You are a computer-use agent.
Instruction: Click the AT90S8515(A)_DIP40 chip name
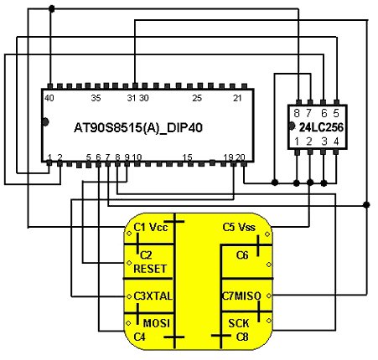point(138,128)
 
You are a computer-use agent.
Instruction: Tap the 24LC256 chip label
point(321,127)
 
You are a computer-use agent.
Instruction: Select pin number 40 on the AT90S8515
point(49,98)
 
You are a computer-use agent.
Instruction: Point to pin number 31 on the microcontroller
point(132,98)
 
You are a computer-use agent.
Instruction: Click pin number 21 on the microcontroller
point(237,98)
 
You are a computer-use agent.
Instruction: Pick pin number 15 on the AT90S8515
point(187,157)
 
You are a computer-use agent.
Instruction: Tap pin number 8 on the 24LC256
point(297,113)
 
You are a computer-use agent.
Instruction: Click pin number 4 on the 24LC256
point(336,141)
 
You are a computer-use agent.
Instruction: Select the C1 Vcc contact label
point(151,227)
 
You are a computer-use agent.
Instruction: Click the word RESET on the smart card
point(150,269)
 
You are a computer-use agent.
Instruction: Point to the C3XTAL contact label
point(153,296)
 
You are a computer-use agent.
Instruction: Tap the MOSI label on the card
point(157,323)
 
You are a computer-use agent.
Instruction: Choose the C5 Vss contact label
point(239,227)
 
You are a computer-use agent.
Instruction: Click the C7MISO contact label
point(241,296)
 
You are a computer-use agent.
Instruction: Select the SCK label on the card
point(239,323)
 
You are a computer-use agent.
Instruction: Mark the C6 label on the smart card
point(242,255)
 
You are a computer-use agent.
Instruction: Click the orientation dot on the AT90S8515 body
point(45,122)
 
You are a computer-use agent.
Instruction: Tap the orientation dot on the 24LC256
point(292,126)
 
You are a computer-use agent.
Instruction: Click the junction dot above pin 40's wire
point(51,9)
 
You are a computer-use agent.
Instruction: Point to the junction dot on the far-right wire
point(366,205)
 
